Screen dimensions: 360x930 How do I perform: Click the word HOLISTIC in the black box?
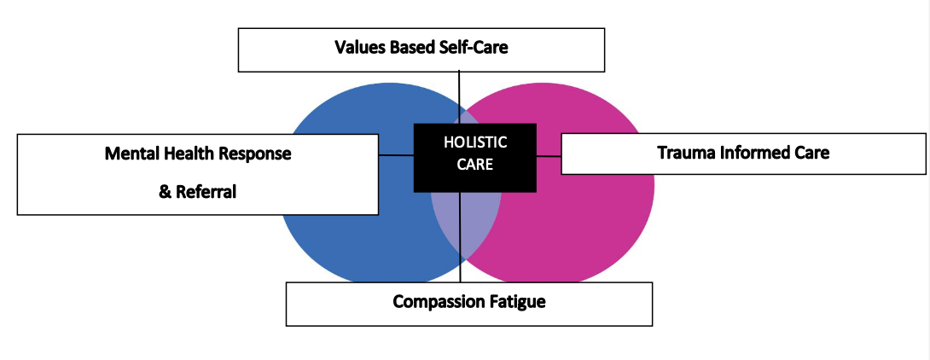[475, 142]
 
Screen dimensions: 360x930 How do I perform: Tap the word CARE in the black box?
[475, 164]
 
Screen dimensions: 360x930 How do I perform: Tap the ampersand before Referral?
[164, 192]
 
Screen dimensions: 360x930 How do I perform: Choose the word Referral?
[206, 192]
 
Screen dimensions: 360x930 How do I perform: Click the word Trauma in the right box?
[684, 153]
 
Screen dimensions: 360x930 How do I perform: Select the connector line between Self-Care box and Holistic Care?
[459, 97]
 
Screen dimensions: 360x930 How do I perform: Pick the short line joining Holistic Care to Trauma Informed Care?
[549, 156]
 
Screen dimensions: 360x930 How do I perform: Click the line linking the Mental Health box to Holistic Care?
[396, 155]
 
